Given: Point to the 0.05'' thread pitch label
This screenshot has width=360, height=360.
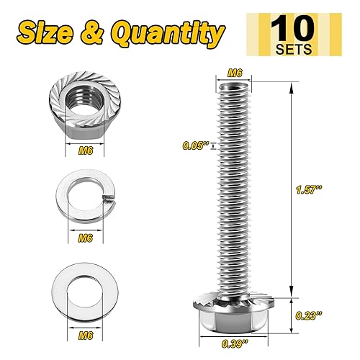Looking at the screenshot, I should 192,146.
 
